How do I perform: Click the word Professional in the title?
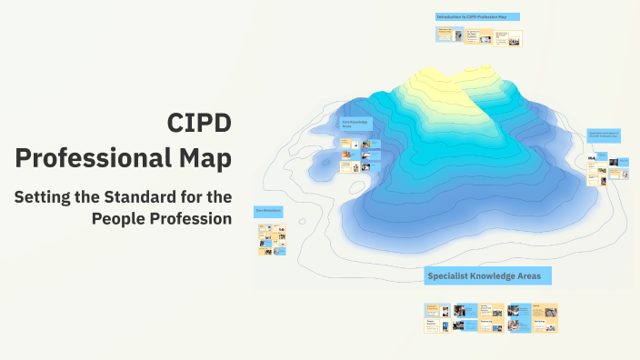pyautogui.click(x=88, y=158)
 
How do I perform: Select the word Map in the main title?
pyautogui.click(x=200, y=158)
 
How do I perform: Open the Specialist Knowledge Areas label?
pyautogui.click(x=488, y=275)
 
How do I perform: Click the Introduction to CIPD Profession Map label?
pyautogui.click(x=477, y=16)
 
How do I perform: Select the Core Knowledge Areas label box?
pyautogui.click(x=356, y=124)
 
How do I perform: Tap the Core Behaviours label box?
pyautogui.click(x=269, y=211)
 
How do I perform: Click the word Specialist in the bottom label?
pyautogui.click(x=450, y=275)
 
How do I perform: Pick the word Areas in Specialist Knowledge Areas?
pyautogui.click(x=531, y=275)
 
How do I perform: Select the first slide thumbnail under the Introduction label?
pyautogui.click(x=445, y=35)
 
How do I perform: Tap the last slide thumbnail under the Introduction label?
pyautogui.click(x=508, y=38)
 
